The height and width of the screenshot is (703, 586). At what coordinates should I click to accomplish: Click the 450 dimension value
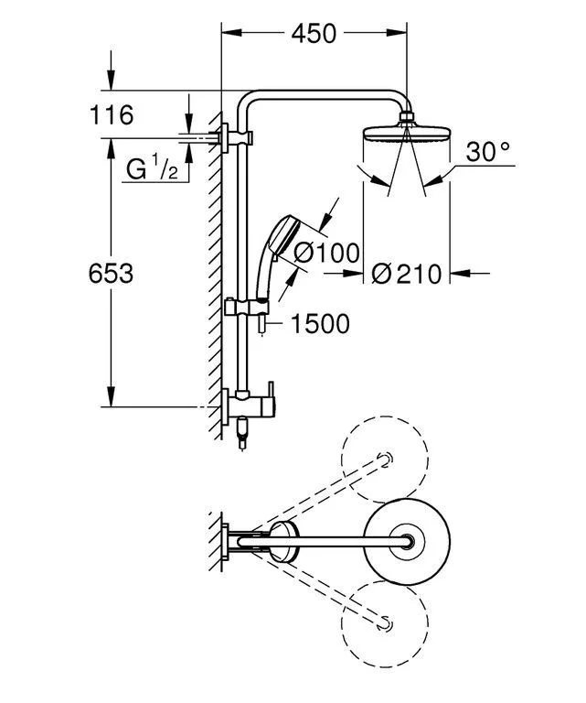click(x=314, y=34)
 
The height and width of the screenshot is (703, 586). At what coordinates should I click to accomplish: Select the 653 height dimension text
click(x=112, y=273)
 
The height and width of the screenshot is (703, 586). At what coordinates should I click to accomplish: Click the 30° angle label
click(x=487, y=152)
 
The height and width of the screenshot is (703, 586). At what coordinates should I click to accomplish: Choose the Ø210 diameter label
click(x=408, y=273)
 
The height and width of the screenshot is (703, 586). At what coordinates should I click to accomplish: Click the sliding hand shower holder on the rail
click(x=246, y=308)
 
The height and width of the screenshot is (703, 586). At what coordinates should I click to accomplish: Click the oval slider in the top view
click(x=282, y=542)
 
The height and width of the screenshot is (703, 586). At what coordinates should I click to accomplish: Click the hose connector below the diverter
click(x=240, y=434)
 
